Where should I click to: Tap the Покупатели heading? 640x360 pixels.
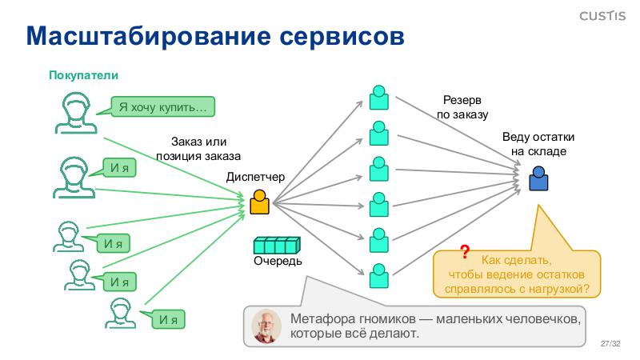(x=83, y=75)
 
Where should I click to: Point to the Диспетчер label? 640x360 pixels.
(x=255, y=177)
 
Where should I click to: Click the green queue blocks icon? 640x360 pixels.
(x=276, y=245)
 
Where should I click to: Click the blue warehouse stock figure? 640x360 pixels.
(x=539, y=178)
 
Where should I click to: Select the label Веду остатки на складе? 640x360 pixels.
(x=538, y=144)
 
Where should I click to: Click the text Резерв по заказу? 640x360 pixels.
(x=462, y=108)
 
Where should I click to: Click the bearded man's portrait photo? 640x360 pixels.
(x=266, y=326)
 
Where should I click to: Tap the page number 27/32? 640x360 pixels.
(x=610, y=343)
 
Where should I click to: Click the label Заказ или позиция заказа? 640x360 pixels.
(x=198, y=150)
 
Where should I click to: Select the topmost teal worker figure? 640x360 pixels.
(x=378, y=97)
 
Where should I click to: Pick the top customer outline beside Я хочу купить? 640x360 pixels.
(x=74, y=112)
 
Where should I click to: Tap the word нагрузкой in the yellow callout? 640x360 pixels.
(x=558, y=288)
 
